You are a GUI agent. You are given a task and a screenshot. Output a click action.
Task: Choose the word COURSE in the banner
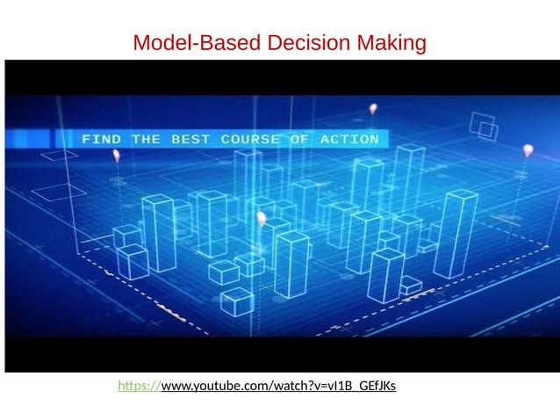[251, 140]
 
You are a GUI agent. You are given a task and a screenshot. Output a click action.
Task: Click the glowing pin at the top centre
[373, 110]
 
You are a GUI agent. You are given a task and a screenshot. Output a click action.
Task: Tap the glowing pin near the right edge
[528, 150]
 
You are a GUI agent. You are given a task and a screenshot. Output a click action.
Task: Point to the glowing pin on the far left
[116, 156]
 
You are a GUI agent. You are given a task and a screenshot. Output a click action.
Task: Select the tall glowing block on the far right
[456, 234]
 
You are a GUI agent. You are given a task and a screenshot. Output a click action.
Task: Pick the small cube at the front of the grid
[236, 301]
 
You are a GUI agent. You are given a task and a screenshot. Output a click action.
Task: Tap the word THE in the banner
[146, 140]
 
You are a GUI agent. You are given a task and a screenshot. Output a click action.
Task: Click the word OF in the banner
[299, 140]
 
